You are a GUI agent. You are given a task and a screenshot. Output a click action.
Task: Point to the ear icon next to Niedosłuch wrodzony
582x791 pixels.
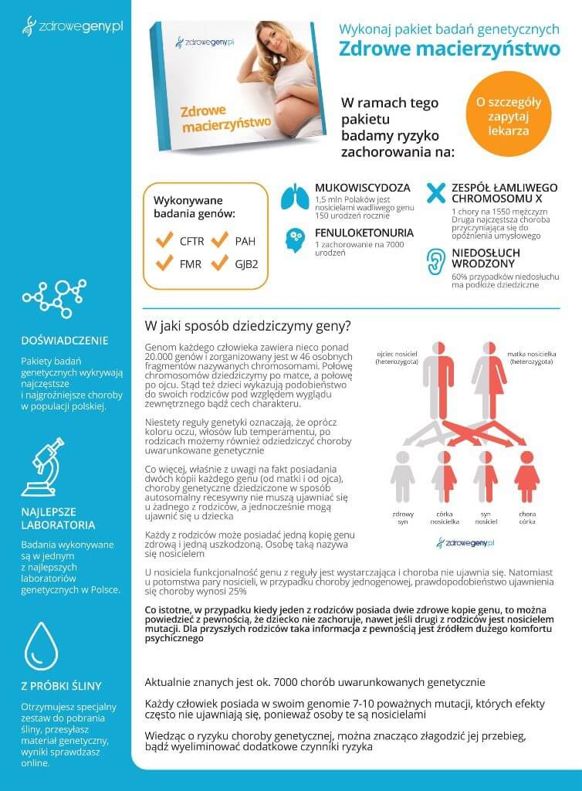pyautogui.click(x=437, y=262)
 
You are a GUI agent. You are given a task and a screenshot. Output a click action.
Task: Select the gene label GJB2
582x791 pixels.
pyautogui.click(x=246, y=263)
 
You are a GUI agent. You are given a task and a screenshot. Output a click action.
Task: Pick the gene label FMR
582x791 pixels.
pyautogui.click(x=190, y=263)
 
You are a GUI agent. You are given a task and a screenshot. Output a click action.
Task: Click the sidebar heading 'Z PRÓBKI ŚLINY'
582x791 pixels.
pyautogui.click(x=61, y=685)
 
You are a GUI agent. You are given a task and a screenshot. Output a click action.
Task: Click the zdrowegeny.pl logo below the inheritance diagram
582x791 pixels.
pyautogui.click(x=465, y=543)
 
